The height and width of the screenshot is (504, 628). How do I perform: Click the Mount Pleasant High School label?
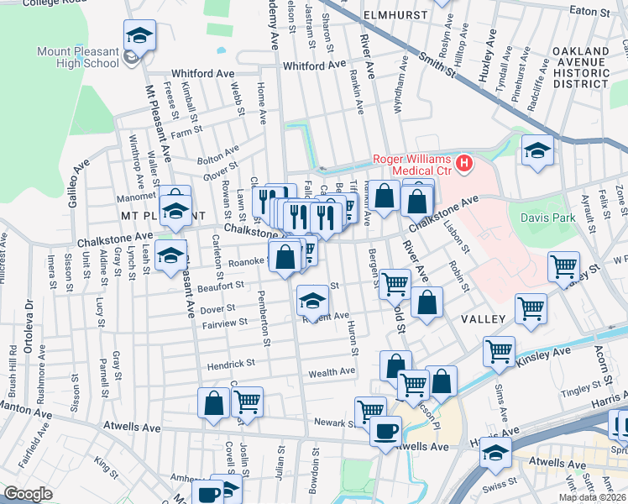tap(77, 56)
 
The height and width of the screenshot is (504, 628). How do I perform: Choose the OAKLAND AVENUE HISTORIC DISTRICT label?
tap(580, 68)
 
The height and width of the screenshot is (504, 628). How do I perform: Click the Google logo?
tap(29, 494)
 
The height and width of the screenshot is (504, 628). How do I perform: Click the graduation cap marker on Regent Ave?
tap(312, 301)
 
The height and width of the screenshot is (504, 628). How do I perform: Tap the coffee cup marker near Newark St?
tap(385, 432)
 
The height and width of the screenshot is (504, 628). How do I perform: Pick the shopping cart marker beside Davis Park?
tap(563, 267)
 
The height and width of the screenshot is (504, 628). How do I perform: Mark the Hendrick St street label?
tap(233, 364)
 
